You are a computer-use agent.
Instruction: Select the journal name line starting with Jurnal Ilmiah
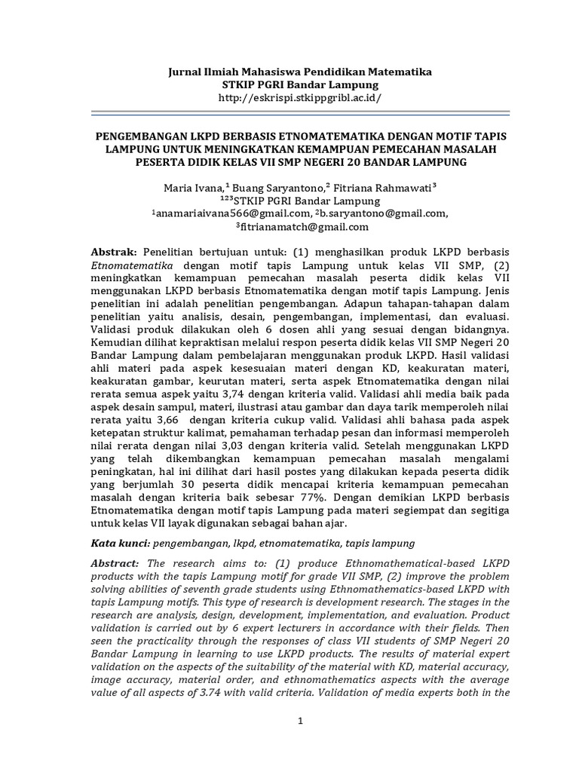(x=299, y=71)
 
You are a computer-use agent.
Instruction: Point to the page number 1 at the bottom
(x=299, y=722)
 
